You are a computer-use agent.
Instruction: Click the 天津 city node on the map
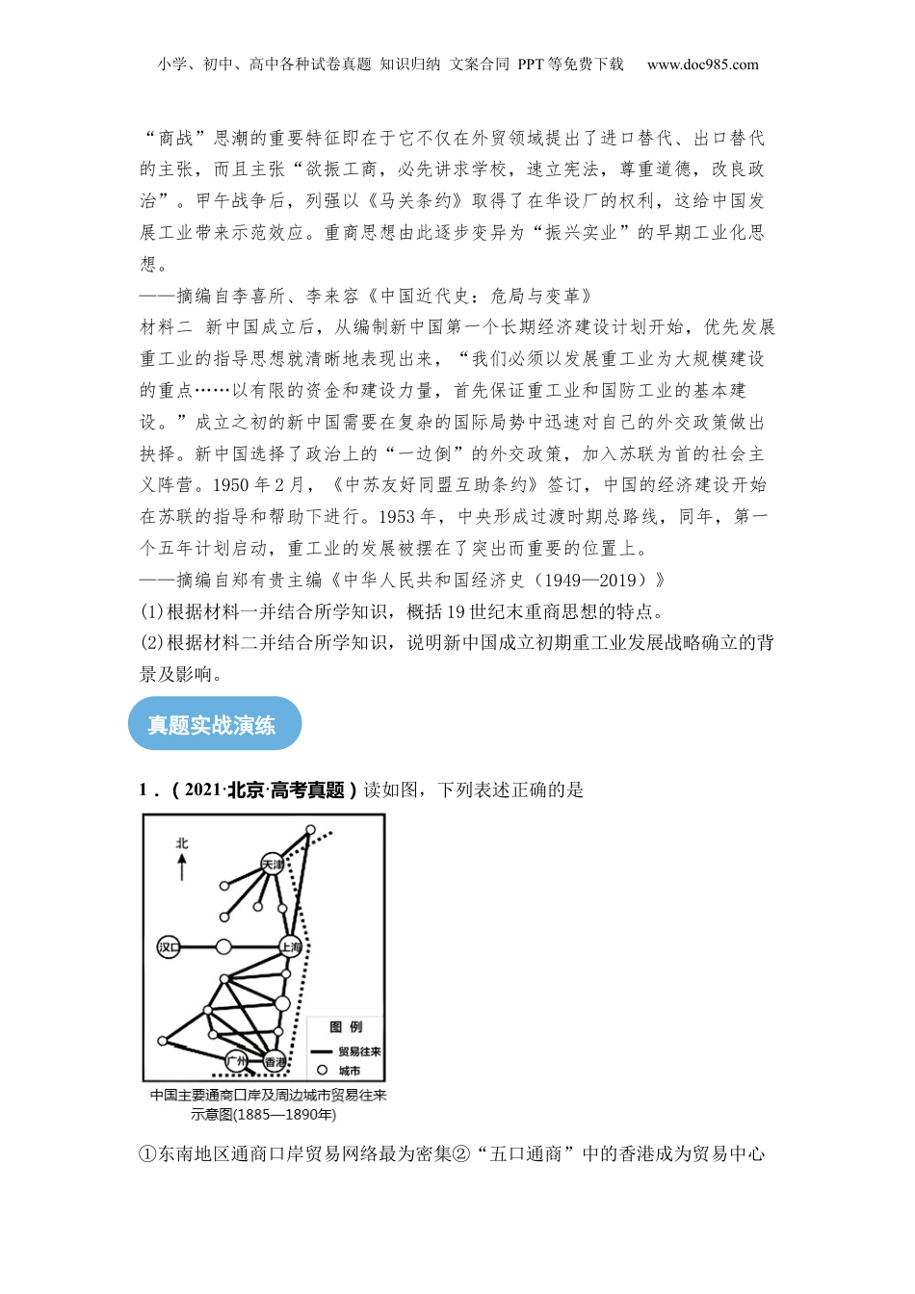tap(274, 865)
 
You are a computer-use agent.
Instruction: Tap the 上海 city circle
tap(291, 947)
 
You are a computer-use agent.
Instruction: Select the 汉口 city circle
tap(169, 947)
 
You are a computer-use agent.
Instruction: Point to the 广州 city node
tap(236, 1061)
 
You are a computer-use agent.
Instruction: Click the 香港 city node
tap(275, 1062)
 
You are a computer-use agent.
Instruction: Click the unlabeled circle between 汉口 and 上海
tap(223, 947)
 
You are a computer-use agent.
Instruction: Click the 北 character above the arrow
tap(182, 843)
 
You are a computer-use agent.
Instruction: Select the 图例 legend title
tap(346, 1027)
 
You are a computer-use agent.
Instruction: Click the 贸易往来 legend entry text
tap(359, 1051)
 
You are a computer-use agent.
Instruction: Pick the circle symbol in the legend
tap(322, 1070)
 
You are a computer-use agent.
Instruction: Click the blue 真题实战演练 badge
tap(214, 724)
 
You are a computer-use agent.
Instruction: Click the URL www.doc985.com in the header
tap(702, 65)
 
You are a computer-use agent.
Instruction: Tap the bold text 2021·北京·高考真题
tap(264, 790)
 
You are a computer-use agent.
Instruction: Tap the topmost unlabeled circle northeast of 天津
tap(310, 829)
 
